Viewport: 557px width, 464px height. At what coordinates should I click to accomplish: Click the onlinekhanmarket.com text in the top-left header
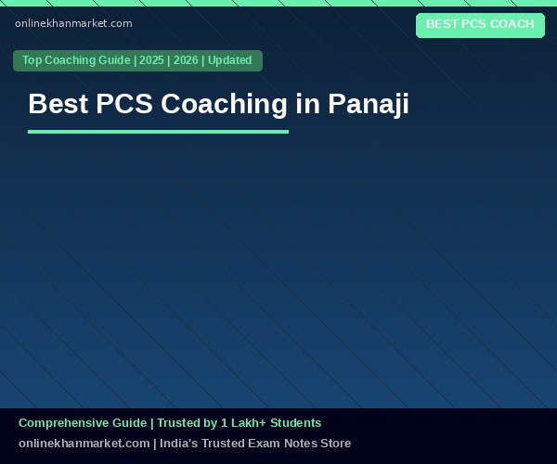pos(73,23)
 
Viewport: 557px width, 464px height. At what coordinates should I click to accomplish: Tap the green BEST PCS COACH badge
pos(480,25)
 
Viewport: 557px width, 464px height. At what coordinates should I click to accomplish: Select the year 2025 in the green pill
pos(151,60)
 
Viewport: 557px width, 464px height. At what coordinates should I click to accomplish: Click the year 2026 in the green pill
pos(186,60)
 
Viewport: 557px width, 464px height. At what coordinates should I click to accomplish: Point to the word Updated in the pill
pos(230,60)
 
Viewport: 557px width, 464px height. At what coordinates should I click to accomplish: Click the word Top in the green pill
pos(32,60)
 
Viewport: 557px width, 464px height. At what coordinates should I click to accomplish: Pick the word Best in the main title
pos(58,104)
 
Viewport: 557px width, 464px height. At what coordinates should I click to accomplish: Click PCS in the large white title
pos(124,104)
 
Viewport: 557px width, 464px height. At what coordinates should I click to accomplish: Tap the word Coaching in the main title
pos(224,104)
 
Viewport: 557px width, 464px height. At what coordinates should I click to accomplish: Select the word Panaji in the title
pos(369,104)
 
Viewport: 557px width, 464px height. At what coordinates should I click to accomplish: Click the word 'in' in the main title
pos(307,103)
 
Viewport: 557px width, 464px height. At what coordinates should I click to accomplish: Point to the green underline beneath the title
pos(158,132)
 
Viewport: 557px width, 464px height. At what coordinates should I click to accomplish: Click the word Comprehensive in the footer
pos(83,423)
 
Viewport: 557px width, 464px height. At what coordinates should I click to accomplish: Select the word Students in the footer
pos(295,423)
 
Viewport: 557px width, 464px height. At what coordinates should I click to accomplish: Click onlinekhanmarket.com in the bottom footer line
pos(84,444)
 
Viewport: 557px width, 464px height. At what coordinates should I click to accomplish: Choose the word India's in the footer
pos(178,444)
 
